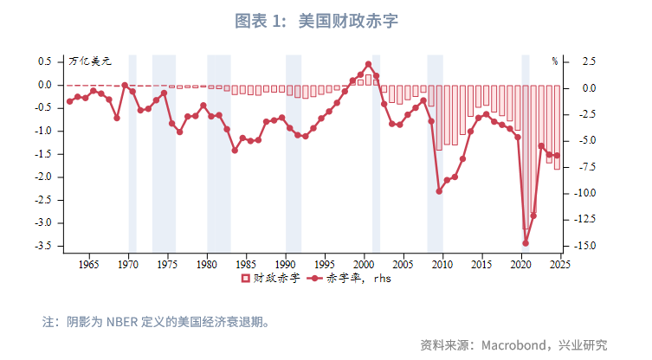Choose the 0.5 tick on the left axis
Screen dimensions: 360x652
point(45,61)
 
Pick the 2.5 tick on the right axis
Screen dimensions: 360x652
point(589,61)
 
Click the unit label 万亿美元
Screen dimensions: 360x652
point(89,61)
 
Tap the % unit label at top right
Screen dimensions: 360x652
point(555,61)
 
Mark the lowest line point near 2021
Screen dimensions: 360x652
point(526,243)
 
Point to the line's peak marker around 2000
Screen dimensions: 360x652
point(368,64)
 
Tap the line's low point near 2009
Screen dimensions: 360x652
point(439,190)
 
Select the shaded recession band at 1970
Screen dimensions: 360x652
point(132,156)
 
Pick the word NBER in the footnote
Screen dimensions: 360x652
point(125,322)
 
